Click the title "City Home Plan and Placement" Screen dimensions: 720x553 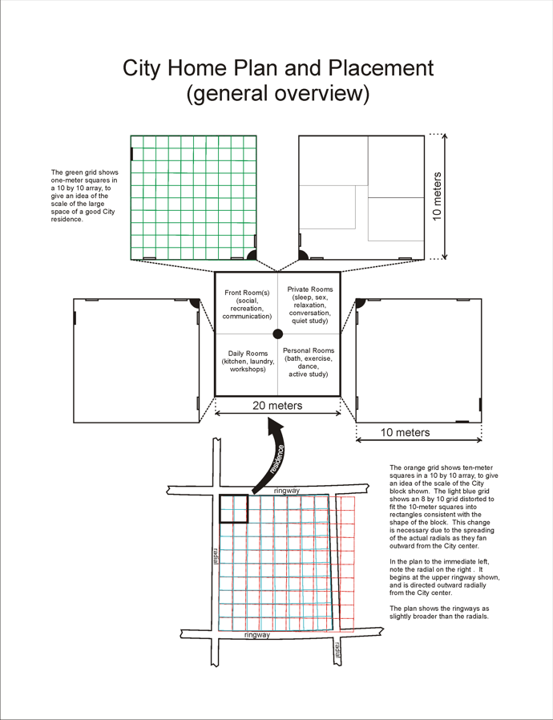[277, 67]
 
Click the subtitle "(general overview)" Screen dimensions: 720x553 [277, 94]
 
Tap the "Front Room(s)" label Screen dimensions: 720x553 [246, 293]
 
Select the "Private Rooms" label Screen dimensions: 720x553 [309, 289]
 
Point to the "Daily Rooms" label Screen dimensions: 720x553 [247, 354]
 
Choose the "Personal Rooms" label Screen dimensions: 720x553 [309, 350]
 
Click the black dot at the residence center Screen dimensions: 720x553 [277, 334]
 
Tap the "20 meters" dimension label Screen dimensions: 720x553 [277, 406]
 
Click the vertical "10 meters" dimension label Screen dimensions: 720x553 [438, 196]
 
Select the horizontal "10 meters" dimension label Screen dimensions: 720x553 [405, 432]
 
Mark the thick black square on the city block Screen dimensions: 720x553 [233, 509]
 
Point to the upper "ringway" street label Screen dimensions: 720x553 [286, 490]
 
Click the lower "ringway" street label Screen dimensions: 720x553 [256, 635]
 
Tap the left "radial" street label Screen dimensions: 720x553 [216, 555]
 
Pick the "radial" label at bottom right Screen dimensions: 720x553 [337, 649]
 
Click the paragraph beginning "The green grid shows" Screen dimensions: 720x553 [84, 196]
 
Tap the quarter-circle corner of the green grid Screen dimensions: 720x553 [252, 255]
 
